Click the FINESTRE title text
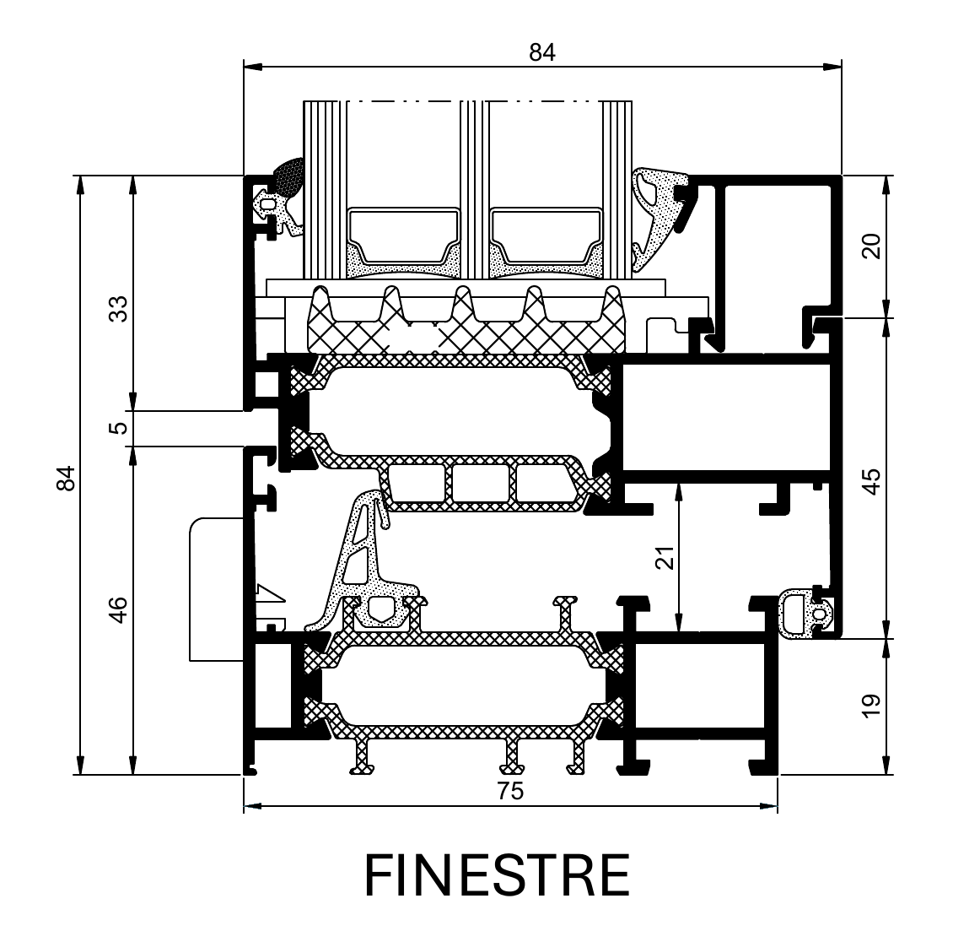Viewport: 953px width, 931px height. tap(498, 874)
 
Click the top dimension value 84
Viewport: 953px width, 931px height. tap(542, 52)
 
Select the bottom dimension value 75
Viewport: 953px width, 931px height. tap(510, 791)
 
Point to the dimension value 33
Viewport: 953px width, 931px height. tap(120, 308)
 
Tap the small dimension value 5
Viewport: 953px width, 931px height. tap(120, 427)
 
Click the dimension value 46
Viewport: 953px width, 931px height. tap(120, 609)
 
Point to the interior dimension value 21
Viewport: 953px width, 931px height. tap(666, 556)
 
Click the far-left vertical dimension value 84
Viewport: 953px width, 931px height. tap(67, 478)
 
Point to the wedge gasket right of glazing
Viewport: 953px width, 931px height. tap(660, 216)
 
